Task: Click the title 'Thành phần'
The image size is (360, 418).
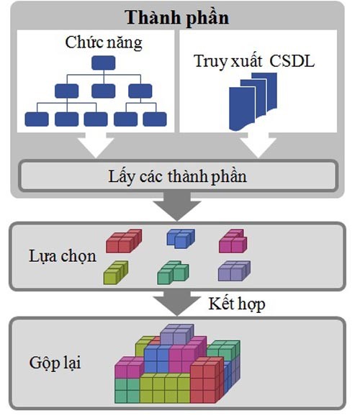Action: click(x=177, y=18)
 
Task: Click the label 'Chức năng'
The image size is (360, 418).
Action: click(x=104, y=42)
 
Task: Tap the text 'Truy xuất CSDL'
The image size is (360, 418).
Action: click(x=254, y=61)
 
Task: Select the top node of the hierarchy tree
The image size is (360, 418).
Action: click(x=103, y=63)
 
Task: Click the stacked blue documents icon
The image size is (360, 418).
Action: click(x=253, y=101)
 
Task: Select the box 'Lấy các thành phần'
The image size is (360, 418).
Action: click(x=178, y=176)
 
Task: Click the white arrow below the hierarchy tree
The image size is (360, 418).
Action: click(x=96, y=145)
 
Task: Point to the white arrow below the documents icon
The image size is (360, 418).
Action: click(x=258, y=145)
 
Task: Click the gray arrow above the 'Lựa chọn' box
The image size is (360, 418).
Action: click(x=176, y=206)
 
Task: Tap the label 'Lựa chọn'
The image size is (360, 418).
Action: click(x=63, y=256)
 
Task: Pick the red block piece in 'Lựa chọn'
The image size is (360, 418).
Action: click(x=124, y=241)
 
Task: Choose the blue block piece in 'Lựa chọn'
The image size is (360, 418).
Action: click(x=181, y=239)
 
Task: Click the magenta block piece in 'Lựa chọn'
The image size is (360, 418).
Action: click(x=233, y=241)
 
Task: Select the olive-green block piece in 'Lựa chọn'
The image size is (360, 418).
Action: click(x=115, y=273)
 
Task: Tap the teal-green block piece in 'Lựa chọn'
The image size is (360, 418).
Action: click(x=173, y=273)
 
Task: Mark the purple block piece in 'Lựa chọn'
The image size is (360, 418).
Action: click(x=234, y=271)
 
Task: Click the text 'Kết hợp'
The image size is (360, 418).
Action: click(x=237, y=304)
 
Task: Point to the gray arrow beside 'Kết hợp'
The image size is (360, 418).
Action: click(x=176, y=303)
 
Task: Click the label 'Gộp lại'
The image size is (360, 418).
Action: click(x=55, y=363)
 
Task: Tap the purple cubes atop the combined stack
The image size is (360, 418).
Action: click(x=177, y=334)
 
